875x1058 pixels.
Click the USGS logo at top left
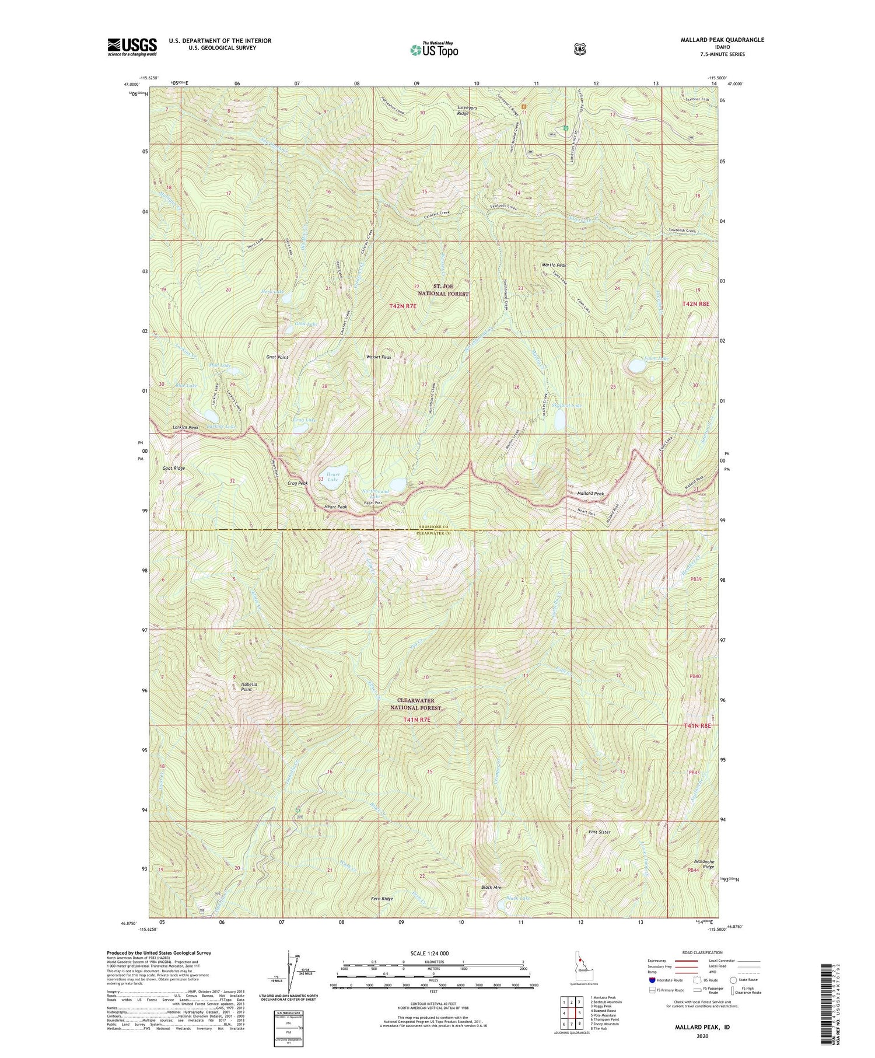(x=132, y=47)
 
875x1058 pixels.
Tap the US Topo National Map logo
(x=434, y=49)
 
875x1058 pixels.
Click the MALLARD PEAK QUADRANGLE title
(x=713, y=40)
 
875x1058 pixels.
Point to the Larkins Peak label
(x=185, y=428)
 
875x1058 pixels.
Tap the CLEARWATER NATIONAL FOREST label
(x=424, y=704)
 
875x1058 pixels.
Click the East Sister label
(x=599, y=832)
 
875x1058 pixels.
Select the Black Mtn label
(x=491, y=888)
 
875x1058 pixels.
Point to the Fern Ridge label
(x=381, y=899)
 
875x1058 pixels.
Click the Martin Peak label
(x=554, y=265)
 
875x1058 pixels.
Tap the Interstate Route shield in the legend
(x=652, y=980)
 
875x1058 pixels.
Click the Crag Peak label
(x=297, y=483)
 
